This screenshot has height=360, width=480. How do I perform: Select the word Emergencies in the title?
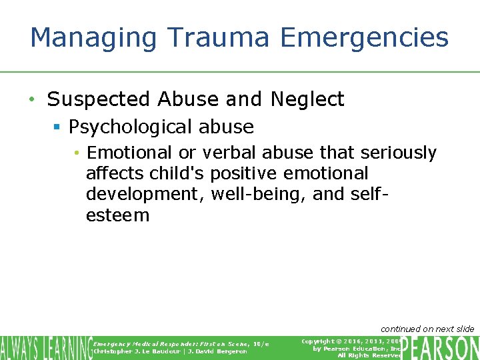(x=365, y=38)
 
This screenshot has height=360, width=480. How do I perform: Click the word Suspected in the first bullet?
(x=99, y=99)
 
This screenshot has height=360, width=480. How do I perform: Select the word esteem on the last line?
(x=117, y=215)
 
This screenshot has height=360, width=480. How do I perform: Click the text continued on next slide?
(x=427, y=329)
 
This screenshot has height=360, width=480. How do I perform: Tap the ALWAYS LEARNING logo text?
(x=46, y=347)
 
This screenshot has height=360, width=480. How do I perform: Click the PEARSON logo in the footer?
(x=440, y=347)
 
